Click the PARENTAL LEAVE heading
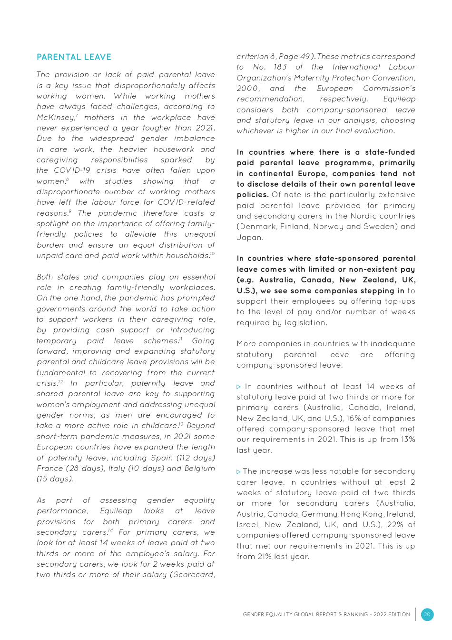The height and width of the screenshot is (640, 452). [x=74, y=57]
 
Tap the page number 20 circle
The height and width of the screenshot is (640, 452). [x=427, y=614]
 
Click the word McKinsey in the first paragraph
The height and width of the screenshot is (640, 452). [x=56, y=118]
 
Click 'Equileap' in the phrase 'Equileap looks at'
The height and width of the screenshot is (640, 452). [x=116, y=511]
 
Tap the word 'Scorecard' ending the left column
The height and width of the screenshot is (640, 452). [x=194, y=575]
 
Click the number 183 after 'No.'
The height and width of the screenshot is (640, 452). [x=280, y=67]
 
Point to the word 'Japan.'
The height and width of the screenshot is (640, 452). [x=250, y=238]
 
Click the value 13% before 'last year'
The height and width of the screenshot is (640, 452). [x=408, y=440]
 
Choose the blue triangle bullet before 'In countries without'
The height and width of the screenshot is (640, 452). [x=239, y=387]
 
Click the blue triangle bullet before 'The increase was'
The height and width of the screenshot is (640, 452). [x=239, y=472]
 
